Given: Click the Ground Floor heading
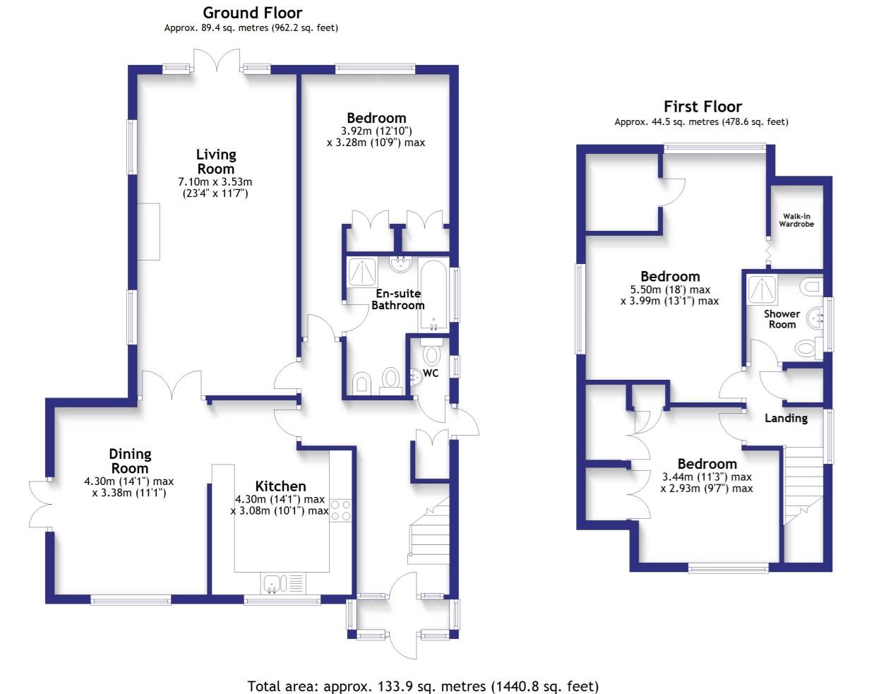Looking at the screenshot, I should pyautogui.click(x=252, y=13).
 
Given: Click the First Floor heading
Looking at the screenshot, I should pyautogui.click(x=702, y=107).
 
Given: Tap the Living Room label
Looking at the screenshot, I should pyautogui.click(x=216, y=162).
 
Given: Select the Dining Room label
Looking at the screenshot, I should pyautogui.click(x=130, y=461).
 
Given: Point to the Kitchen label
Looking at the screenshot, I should pyautogui.click(x=280, y=486).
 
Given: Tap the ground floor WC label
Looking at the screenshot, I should pyautogui.click(x=431, y=373).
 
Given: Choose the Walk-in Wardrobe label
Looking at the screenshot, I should pyautogui.click(x=796, y=220).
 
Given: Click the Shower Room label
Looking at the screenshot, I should pyautogui.click(x=781, y=319).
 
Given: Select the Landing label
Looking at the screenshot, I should pyautogui.click(x=786, y=418).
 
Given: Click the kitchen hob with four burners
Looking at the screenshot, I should pyautogui.click(x=341, y=510).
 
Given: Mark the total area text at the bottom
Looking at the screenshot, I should pyautogui.click(x=423, y=686).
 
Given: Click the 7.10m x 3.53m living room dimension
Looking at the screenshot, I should pyautogui.click(x=215, y=182).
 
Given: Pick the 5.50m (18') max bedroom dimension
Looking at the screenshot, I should pyautogui.click(x=670, y=289).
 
